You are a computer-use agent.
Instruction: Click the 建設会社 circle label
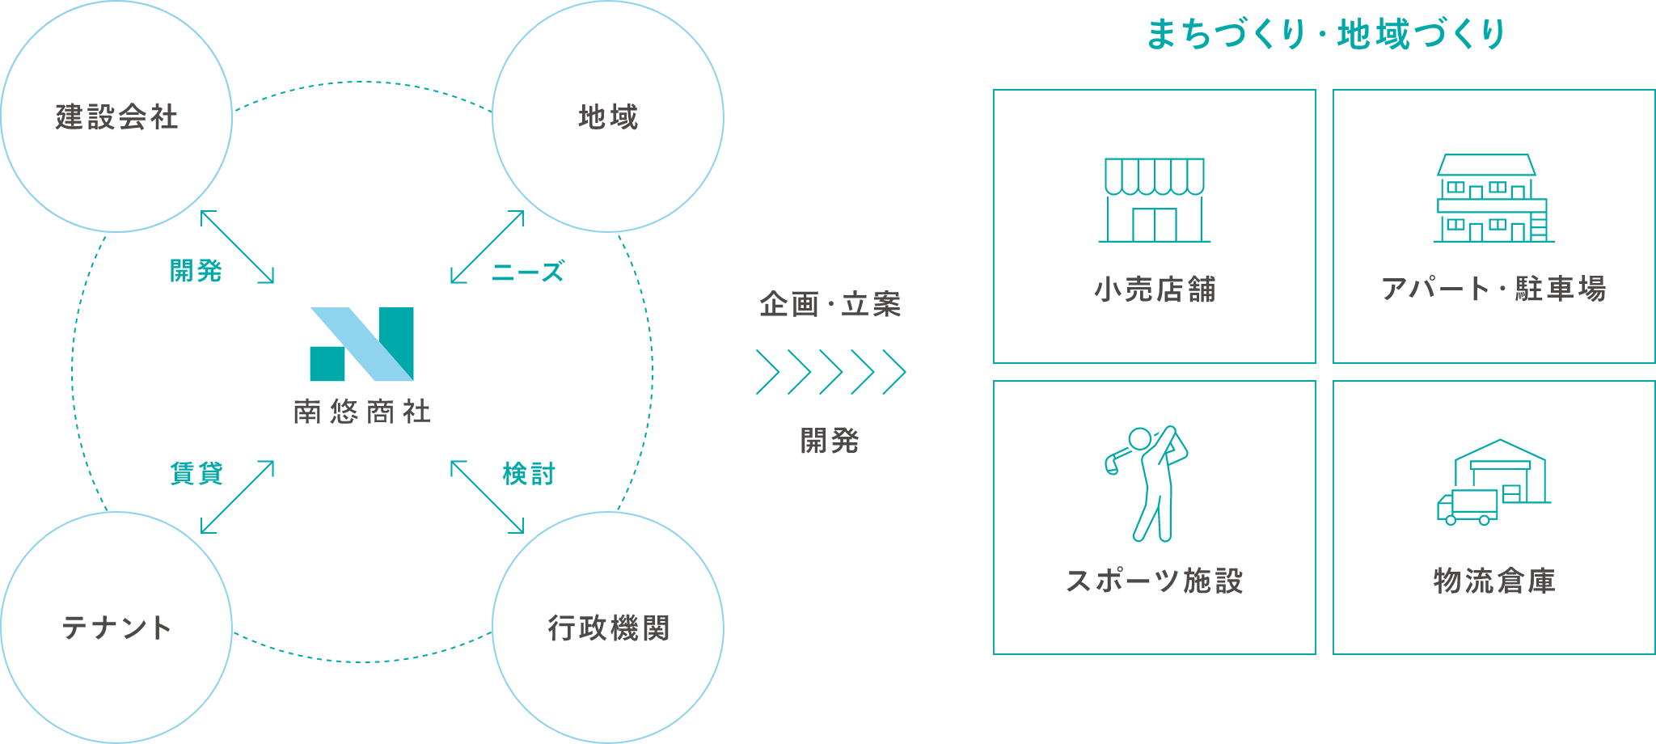pos(116,117)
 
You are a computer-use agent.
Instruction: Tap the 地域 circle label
pos(608,117)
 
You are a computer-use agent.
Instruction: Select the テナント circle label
pos(116,628)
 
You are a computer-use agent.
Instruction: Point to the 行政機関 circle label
pos(608,628)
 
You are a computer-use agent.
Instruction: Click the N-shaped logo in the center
pos(362,344)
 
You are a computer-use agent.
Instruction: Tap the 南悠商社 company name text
pos(362,412)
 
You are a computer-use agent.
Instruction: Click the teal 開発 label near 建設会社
pos(196,271)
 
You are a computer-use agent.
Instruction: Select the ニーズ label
pos(528,272)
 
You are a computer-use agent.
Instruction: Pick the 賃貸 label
pos(196,473)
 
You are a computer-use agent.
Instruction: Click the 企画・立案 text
pos(830,305)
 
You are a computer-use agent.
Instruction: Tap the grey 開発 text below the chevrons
pos(830,441)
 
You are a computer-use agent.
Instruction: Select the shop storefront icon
pos(1154,200)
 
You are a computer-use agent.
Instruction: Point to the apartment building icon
pos(1493,199)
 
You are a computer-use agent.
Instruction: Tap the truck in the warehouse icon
pos(1467,507)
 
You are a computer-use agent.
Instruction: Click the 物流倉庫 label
pos(1493,580)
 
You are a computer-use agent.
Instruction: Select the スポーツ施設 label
pos(1154,580)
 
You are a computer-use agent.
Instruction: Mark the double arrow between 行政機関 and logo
pos(488,497)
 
